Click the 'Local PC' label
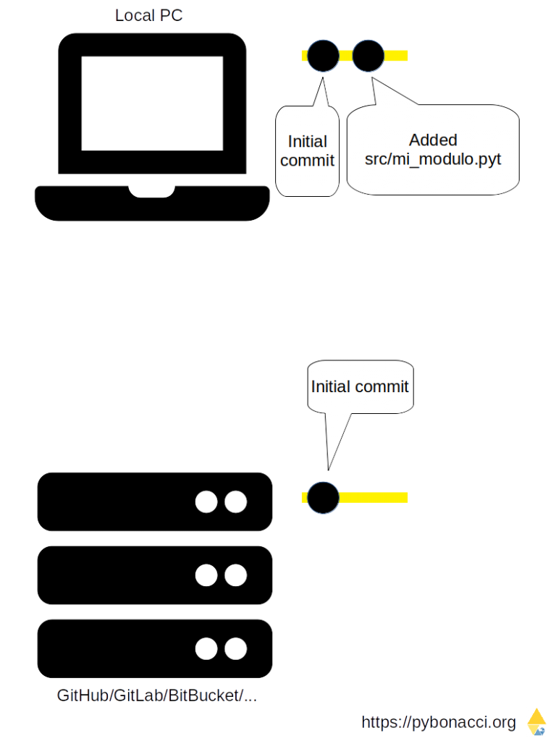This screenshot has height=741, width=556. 148,15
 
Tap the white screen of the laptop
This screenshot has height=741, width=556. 152,103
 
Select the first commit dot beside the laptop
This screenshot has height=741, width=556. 324,56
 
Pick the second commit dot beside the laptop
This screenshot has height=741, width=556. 368,56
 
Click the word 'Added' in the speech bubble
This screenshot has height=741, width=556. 433,140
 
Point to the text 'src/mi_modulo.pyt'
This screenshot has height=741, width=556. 433,159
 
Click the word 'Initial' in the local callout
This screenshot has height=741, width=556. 307,141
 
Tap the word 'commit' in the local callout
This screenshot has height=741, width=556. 307,161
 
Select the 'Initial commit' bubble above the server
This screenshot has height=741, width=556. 361,387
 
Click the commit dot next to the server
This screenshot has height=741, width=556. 324,498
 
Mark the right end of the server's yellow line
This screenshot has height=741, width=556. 407,498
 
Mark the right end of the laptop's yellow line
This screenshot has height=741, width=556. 407,56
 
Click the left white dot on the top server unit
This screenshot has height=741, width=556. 206,501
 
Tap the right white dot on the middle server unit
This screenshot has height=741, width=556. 236,575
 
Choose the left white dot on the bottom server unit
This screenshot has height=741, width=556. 206,648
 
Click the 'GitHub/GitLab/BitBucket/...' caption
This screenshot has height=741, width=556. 157,695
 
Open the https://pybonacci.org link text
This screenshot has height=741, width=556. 439,722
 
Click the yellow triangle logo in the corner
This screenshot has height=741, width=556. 537,721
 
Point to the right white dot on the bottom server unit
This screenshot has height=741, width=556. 236,648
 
